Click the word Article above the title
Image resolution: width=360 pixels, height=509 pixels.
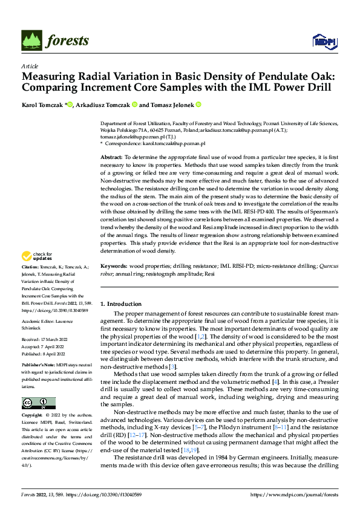30,66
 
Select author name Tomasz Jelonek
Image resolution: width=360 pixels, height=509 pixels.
175,105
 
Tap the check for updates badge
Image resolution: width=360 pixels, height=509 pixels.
38,274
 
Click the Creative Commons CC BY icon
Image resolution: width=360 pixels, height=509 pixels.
38,403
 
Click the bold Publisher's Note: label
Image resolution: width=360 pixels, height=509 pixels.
38,366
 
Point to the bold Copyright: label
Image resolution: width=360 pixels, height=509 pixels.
31,416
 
